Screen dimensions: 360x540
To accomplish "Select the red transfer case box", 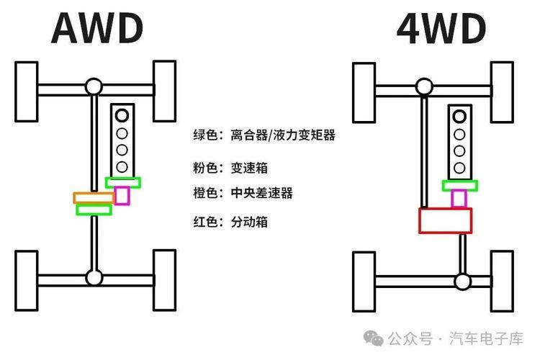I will coord(445,220).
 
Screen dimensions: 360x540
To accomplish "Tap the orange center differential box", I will coord(93,197).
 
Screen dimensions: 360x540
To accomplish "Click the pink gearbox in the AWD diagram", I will coord(122,195).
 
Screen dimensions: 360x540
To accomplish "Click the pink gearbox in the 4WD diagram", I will coord(459,199).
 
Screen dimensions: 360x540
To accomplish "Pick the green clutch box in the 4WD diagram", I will coord(459,184).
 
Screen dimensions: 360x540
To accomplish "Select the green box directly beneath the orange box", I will coord(94,210).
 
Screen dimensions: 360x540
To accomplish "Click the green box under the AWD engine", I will coord(123,182).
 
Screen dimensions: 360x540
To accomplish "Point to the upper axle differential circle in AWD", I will coord(93,88).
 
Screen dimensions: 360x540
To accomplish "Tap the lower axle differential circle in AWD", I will coord(93,277).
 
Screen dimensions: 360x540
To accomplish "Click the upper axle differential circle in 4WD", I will coord(430,88).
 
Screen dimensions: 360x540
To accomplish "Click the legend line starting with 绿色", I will coord(264,135).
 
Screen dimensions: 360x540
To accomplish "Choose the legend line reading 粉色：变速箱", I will coord(230,168).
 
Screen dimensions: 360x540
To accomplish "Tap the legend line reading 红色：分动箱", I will coord(230,222).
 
